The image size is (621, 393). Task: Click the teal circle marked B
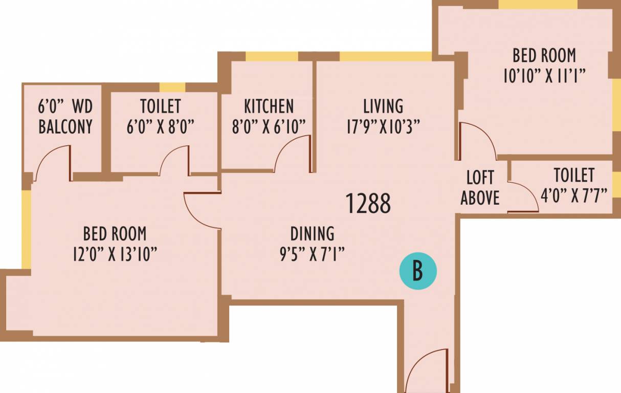pyautogui.click(x=418, y=271)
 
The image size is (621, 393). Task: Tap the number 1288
pyautogui.click(x=368, y=204)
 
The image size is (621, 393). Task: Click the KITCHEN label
pyautogui.click(x=269, y=106)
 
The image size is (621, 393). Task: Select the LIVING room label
pyautogui.click(x=383, y=106)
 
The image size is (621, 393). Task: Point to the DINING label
pyautogui.click(x=312, y=234)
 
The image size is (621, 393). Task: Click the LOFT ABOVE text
pyautogui.click(x=480, y=188)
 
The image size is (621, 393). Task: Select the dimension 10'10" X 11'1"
pyautogui.click(x=544, y=76)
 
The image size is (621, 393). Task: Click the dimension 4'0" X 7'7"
pyautogui.click(x=574, y=194)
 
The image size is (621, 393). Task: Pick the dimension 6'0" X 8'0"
pyautogui.click(x=161, y=126)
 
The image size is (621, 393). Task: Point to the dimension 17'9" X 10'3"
pyautogui.click(x=383, y=126)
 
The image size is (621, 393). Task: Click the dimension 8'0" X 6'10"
pyautogui.click(x=269, y=126)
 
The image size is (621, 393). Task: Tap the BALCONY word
pyautogui.click(x=65, y=127)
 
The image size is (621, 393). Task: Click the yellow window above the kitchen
pyautogui.click(x=272, y=56)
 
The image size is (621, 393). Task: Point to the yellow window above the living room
pyautogui.click(x=386, y=56)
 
